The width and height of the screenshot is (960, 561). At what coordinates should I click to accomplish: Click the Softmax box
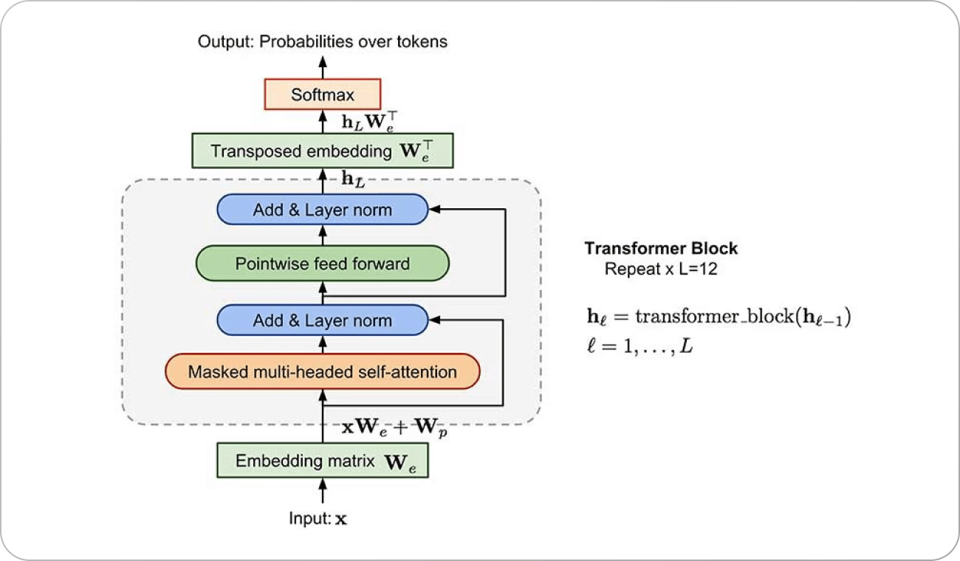click(322, 94)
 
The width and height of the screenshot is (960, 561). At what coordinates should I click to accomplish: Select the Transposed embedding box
click(322, 151)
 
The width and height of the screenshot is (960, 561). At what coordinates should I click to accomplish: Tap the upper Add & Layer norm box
click(322, 210)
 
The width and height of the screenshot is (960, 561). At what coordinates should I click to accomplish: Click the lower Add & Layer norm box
click(322, 320)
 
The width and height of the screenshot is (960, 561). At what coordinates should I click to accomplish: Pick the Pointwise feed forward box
click(322, 264)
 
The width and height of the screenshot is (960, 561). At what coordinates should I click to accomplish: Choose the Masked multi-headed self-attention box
click(322, 371)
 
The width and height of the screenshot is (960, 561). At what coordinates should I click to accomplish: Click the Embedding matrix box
click(322, 461)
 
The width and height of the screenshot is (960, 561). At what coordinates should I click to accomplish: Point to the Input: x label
click(318, 518)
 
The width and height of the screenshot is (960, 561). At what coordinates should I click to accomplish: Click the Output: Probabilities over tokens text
click(322, 41)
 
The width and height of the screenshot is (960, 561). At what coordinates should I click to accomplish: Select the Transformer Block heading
click(661, 249)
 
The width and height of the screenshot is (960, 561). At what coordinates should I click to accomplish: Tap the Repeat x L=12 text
click(661, 269)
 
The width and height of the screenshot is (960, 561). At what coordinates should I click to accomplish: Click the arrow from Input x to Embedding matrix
click(322, 491)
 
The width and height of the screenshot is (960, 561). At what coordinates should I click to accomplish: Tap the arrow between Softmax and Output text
click(322, 65)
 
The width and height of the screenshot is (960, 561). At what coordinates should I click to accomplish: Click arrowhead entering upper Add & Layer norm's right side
click(434, 210)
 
